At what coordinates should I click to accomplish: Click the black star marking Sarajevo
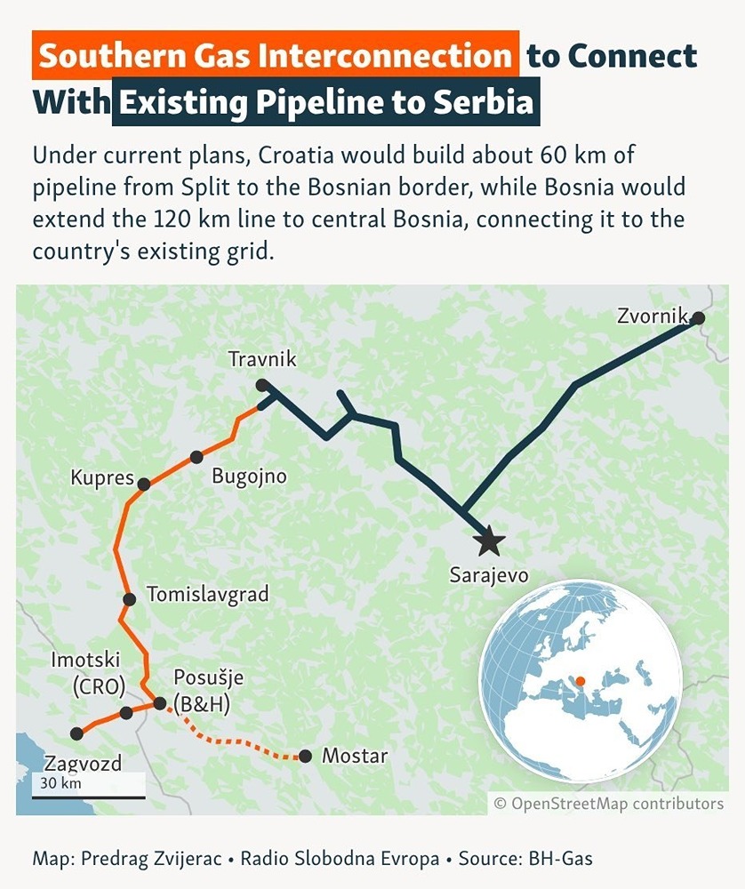488,539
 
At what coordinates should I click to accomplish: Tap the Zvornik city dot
698,317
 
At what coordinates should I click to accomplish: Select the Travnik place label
261,360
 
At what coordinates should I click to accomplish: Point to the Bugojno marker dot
196,457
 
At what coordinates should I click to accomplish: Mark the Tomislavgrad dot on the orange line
129,599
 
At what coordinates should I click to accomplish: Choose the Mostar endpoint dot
306,757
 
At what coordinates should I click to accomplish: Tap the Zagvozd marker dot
76,733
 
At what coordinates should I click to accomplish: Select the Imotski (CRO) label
85,672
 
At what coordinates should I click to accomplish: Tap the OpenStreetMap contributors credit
609,804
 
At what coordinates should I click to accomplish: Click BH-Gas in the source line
560,859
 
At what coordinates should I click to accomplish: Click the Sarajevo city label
489,575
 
